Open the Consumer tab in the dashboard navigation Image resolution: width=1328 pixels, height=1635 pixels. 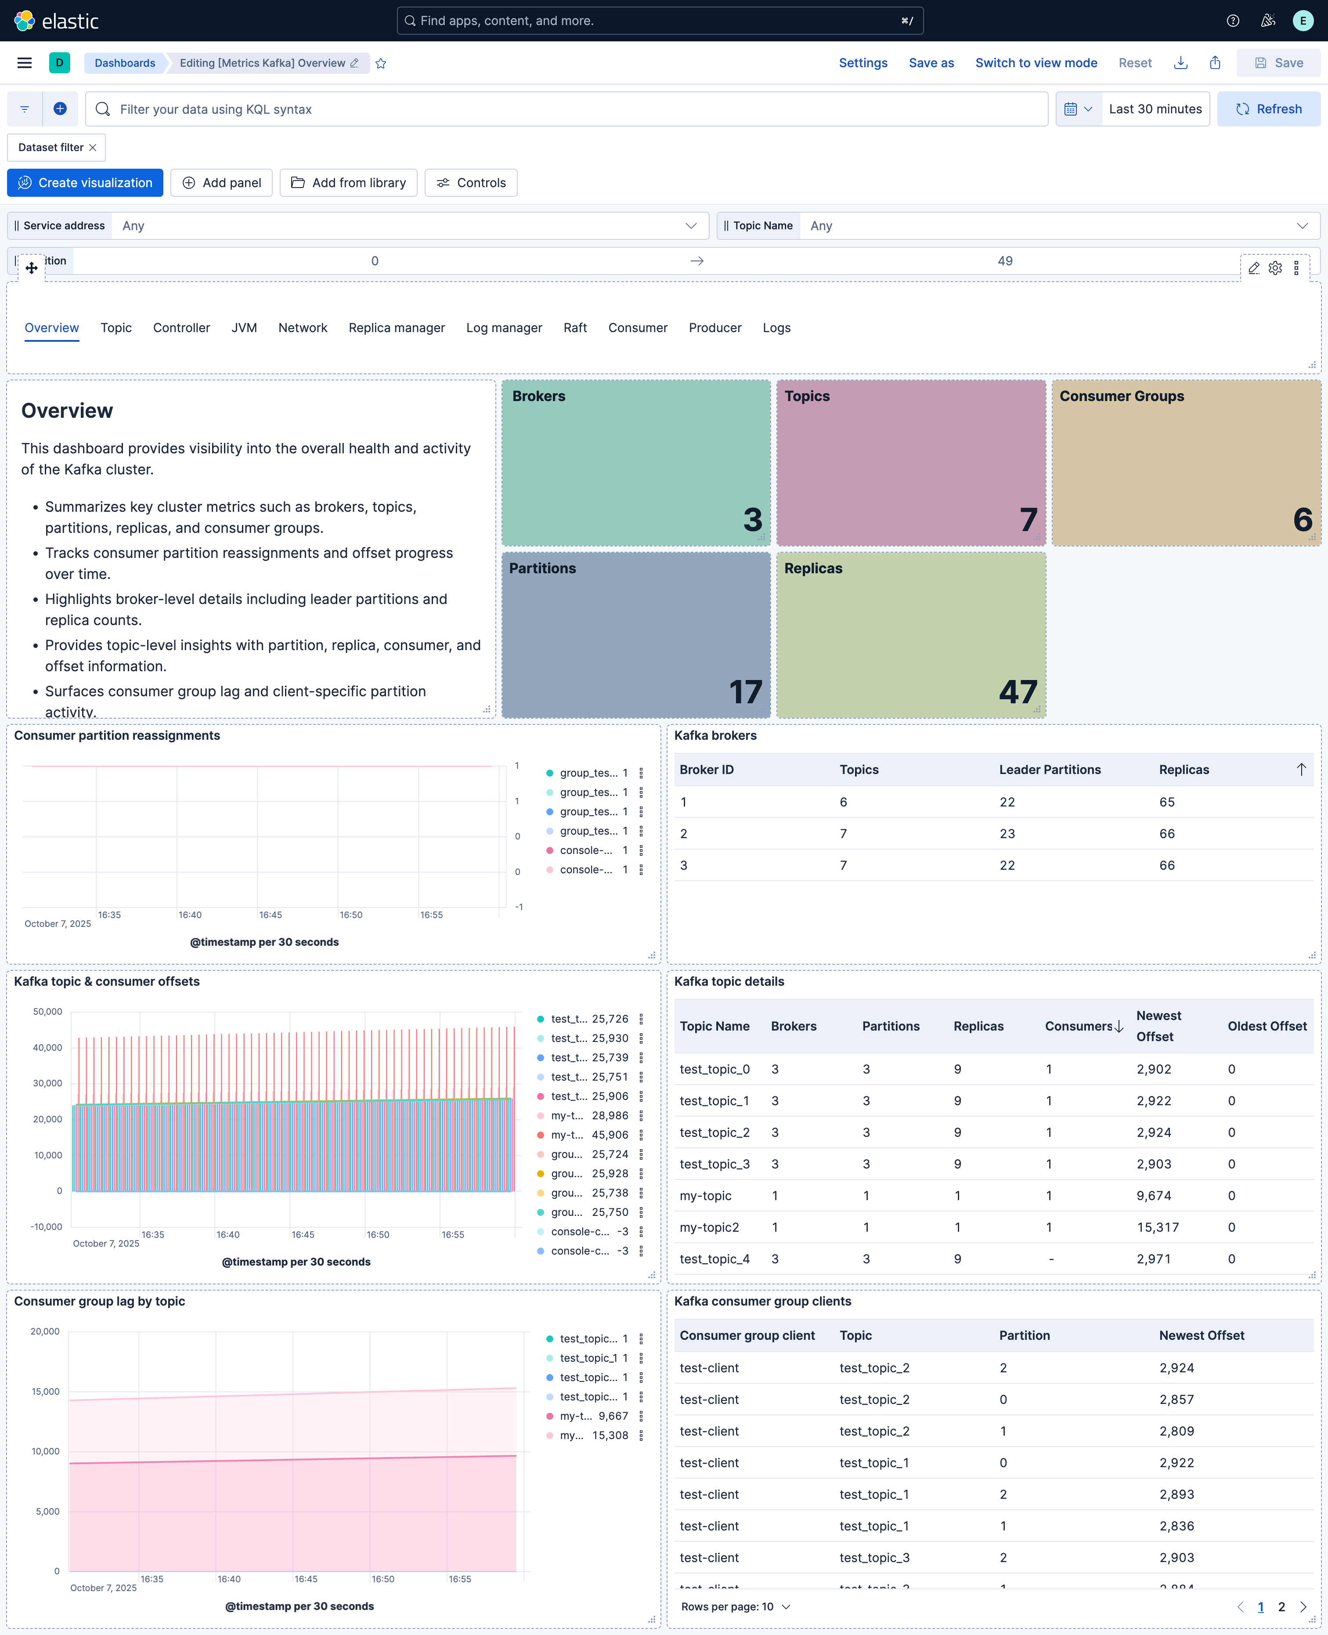click(x=637, y=327)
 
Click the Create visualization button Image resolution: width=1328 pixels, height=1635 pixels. click(x=85, y=183)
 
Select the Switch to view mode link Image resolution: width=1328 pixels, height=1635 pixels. click(x=1036, y=63)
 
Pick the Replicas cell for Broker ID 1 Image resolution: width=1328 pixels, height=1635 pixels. click(x=1166, y=802)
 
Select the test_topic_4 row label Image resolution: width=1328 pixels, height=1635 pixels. click(x=715, y=1259)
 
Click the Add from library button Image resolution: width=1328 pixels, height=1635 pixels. click(x=348, y=183)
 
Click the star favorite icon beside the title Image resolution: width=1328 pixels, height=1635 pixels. click(x=381, y=64)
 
